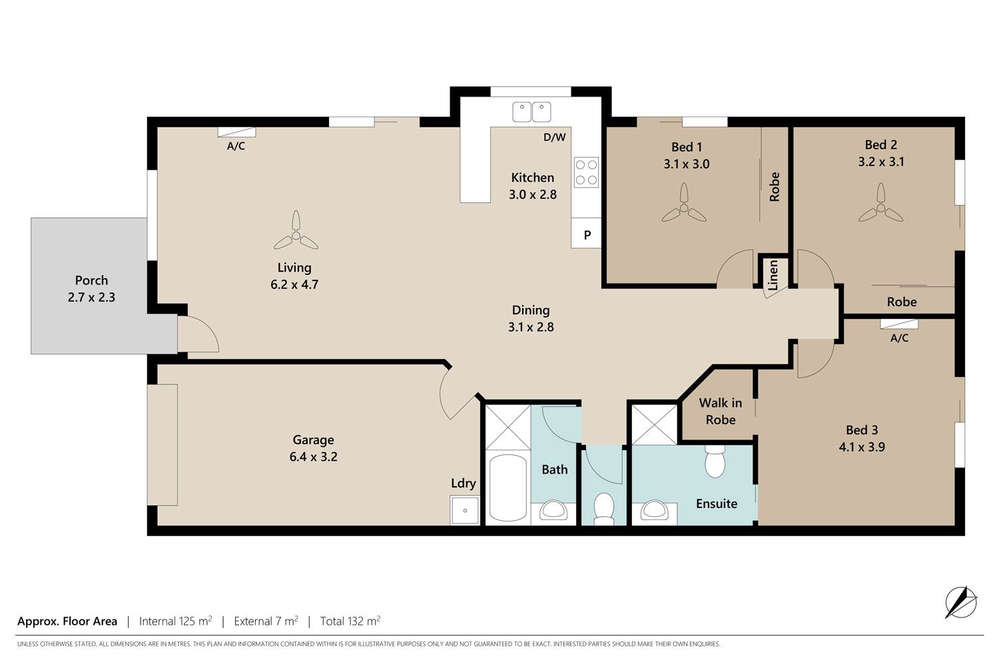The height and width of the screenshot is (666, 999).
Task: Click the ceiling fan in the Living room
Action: tap(296, 233)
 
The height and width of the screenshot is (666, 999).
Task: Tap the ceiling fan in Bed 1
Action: tap(684, 206)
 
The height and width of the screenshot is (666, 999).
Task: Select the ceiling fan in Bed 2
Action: tap(880, 206)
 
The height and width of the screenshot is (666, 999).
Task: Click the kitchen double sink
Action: tap(531, 112)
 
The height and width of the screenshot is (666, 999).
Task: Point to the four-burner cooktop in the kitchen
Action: tap(586, 172)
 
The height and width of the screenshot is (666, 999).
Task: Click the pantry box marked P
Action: tap(586, 233)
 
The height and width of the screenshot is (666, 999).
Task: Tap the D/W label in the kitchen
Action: tap(554, 137)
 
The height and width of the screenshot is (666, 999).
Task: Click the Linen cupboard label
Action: tap(773, 275)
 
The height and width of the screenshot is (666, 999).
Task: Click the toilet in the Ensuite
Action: tap(715, 462)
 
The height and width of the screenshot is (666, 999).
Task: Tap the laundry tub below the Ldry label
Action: tap(465, 510)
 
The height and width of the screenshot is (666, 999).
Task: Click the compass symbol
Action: tap(961, 602)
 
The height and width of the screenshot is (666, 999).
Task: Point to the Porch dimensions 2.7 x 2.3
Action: tap(91, 297)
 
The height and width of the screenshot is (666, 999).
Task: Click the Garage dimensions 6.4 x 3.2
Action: tap(313, 457)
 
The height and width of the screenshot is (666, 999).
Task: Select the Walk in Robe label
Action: tap(720, 412)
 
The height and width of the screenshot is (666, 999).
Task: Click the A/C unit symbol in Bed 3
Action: tap(899, 324)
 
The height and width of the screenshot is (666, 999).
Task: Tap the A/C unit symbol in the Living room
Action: tap(236, 132)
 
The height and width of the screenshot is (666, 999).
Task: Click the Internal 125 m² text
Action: tap(175, 621)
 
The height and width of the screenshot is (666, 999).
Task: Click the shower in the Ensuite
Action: tap(654, 425)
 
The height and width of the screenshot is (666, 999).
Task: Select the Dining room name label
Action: tap(531, 310)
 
